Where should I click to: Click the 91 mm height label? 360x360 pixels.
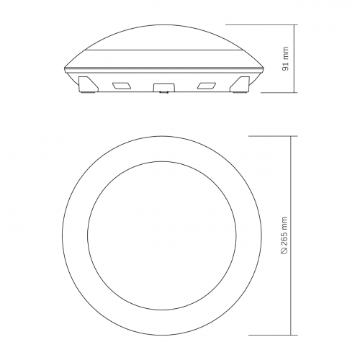coord(285,59)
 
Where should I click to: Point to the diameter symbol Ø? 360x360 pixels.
coord(284,251)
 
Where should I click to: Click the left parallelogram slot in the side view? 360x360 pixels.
coord(122,86)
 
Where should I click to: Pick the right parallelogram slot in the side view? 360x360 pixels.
coord(207,86)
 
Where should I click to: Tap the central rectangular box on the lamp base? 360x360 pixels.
coord(164,87)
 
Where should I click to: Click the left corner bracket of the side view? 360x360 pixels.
coord(89,84)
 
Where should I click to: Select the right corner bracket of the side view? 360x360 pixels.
coord(240,84)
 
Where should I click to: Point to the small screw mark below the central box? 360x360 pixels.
coord(164,92)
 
